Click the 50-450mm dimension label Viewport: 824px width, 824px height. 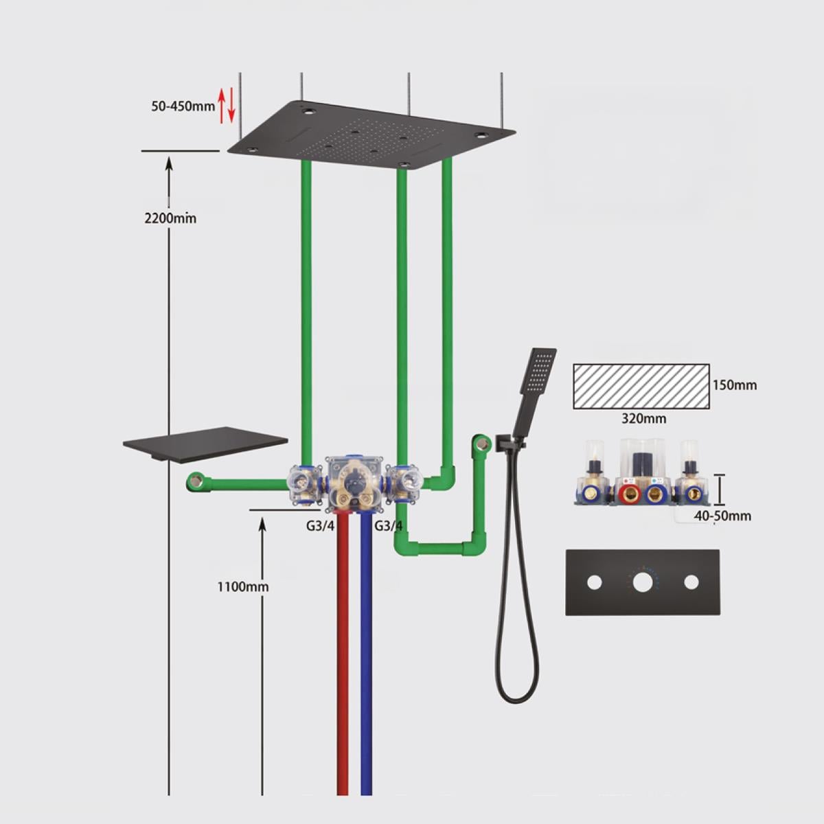click(x=183, y=106)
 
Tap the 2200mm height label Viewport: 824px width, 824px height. click(x=170, y=218)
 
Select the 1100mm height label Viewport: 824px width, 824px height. click(x=243, y=586)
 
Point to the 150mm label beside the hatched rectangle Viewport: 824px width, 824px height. click(x=734, y=385)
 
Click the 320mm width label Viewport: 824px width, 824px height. click(x=643, y=419)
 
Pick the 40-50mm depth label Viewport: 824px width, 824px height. click(x=722, y=516)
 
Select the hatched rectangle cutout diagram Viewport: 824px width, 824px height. click(x=641, y=386)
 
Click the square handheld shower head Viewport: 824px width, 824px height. click(x=538, y=371)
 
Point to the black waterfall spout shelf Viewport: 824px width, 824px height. click(x=205, y=444)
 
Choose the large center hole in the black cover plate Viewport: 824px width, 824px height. click(x=643, y=582)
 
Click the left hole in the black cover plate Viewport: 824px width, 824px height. click(x=595, y=582)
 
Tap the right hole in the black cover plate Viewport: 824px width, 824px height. click(x=691, y=582)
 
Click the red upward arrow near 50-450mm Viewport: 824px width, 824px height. click(x=222, y=106)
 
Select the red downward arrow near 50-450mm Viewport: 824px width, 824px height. click(x=231, y=105)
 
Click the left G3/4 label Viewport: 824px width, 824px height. click(x=320, y=525)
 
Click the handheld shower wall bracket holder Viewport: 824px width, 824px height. click(x=509, y=443)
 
